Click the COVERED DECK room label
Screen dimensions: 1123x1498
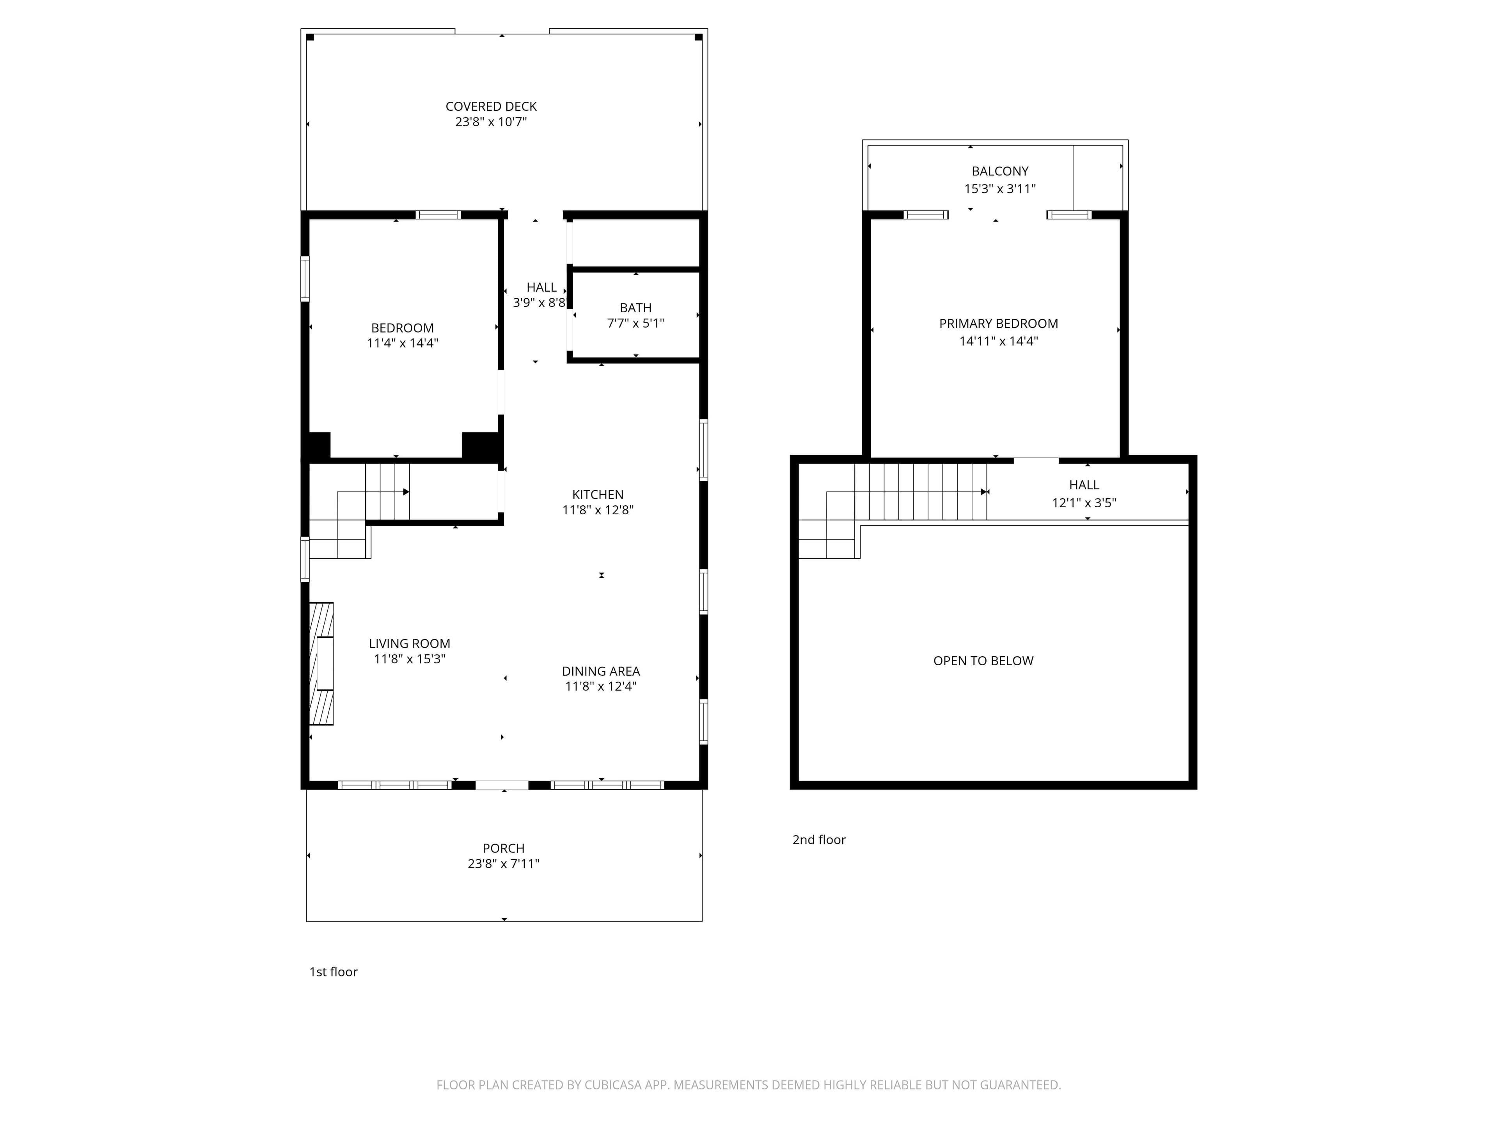click(x=491, y=106)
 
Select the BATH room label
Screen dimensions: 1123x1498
click(x=635, y=308)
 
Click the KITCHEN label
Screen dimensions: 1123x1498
click(x=597, y=495)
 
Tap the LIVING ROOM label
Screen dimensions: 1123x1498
click(x=409, y=644)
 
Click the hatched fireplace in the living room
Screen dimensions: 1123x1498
click(x=322, y=663)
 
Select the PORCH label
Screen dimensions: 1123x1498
click(x=503, y=848)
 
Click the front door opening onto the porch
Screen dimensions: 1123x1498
click(x=502, y=785)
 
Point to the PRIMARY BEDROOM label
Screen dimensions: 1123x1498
click(x=998, y=324)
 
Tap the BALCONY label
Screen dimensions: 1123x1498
click(x=999, y=171)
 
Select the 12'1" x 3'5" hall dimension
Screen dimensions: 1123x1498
click(x=1084, y=503)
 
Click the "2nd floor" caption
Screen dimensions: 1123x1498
click(x=819, y=840)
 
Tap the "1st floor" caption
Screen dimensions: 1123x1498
click(x=333, y=972)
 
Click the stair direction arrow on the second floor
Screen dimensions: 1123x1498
click(x=983, y=492)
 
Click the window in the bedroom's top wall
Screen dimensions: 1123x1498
click(x=438, y=215)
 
